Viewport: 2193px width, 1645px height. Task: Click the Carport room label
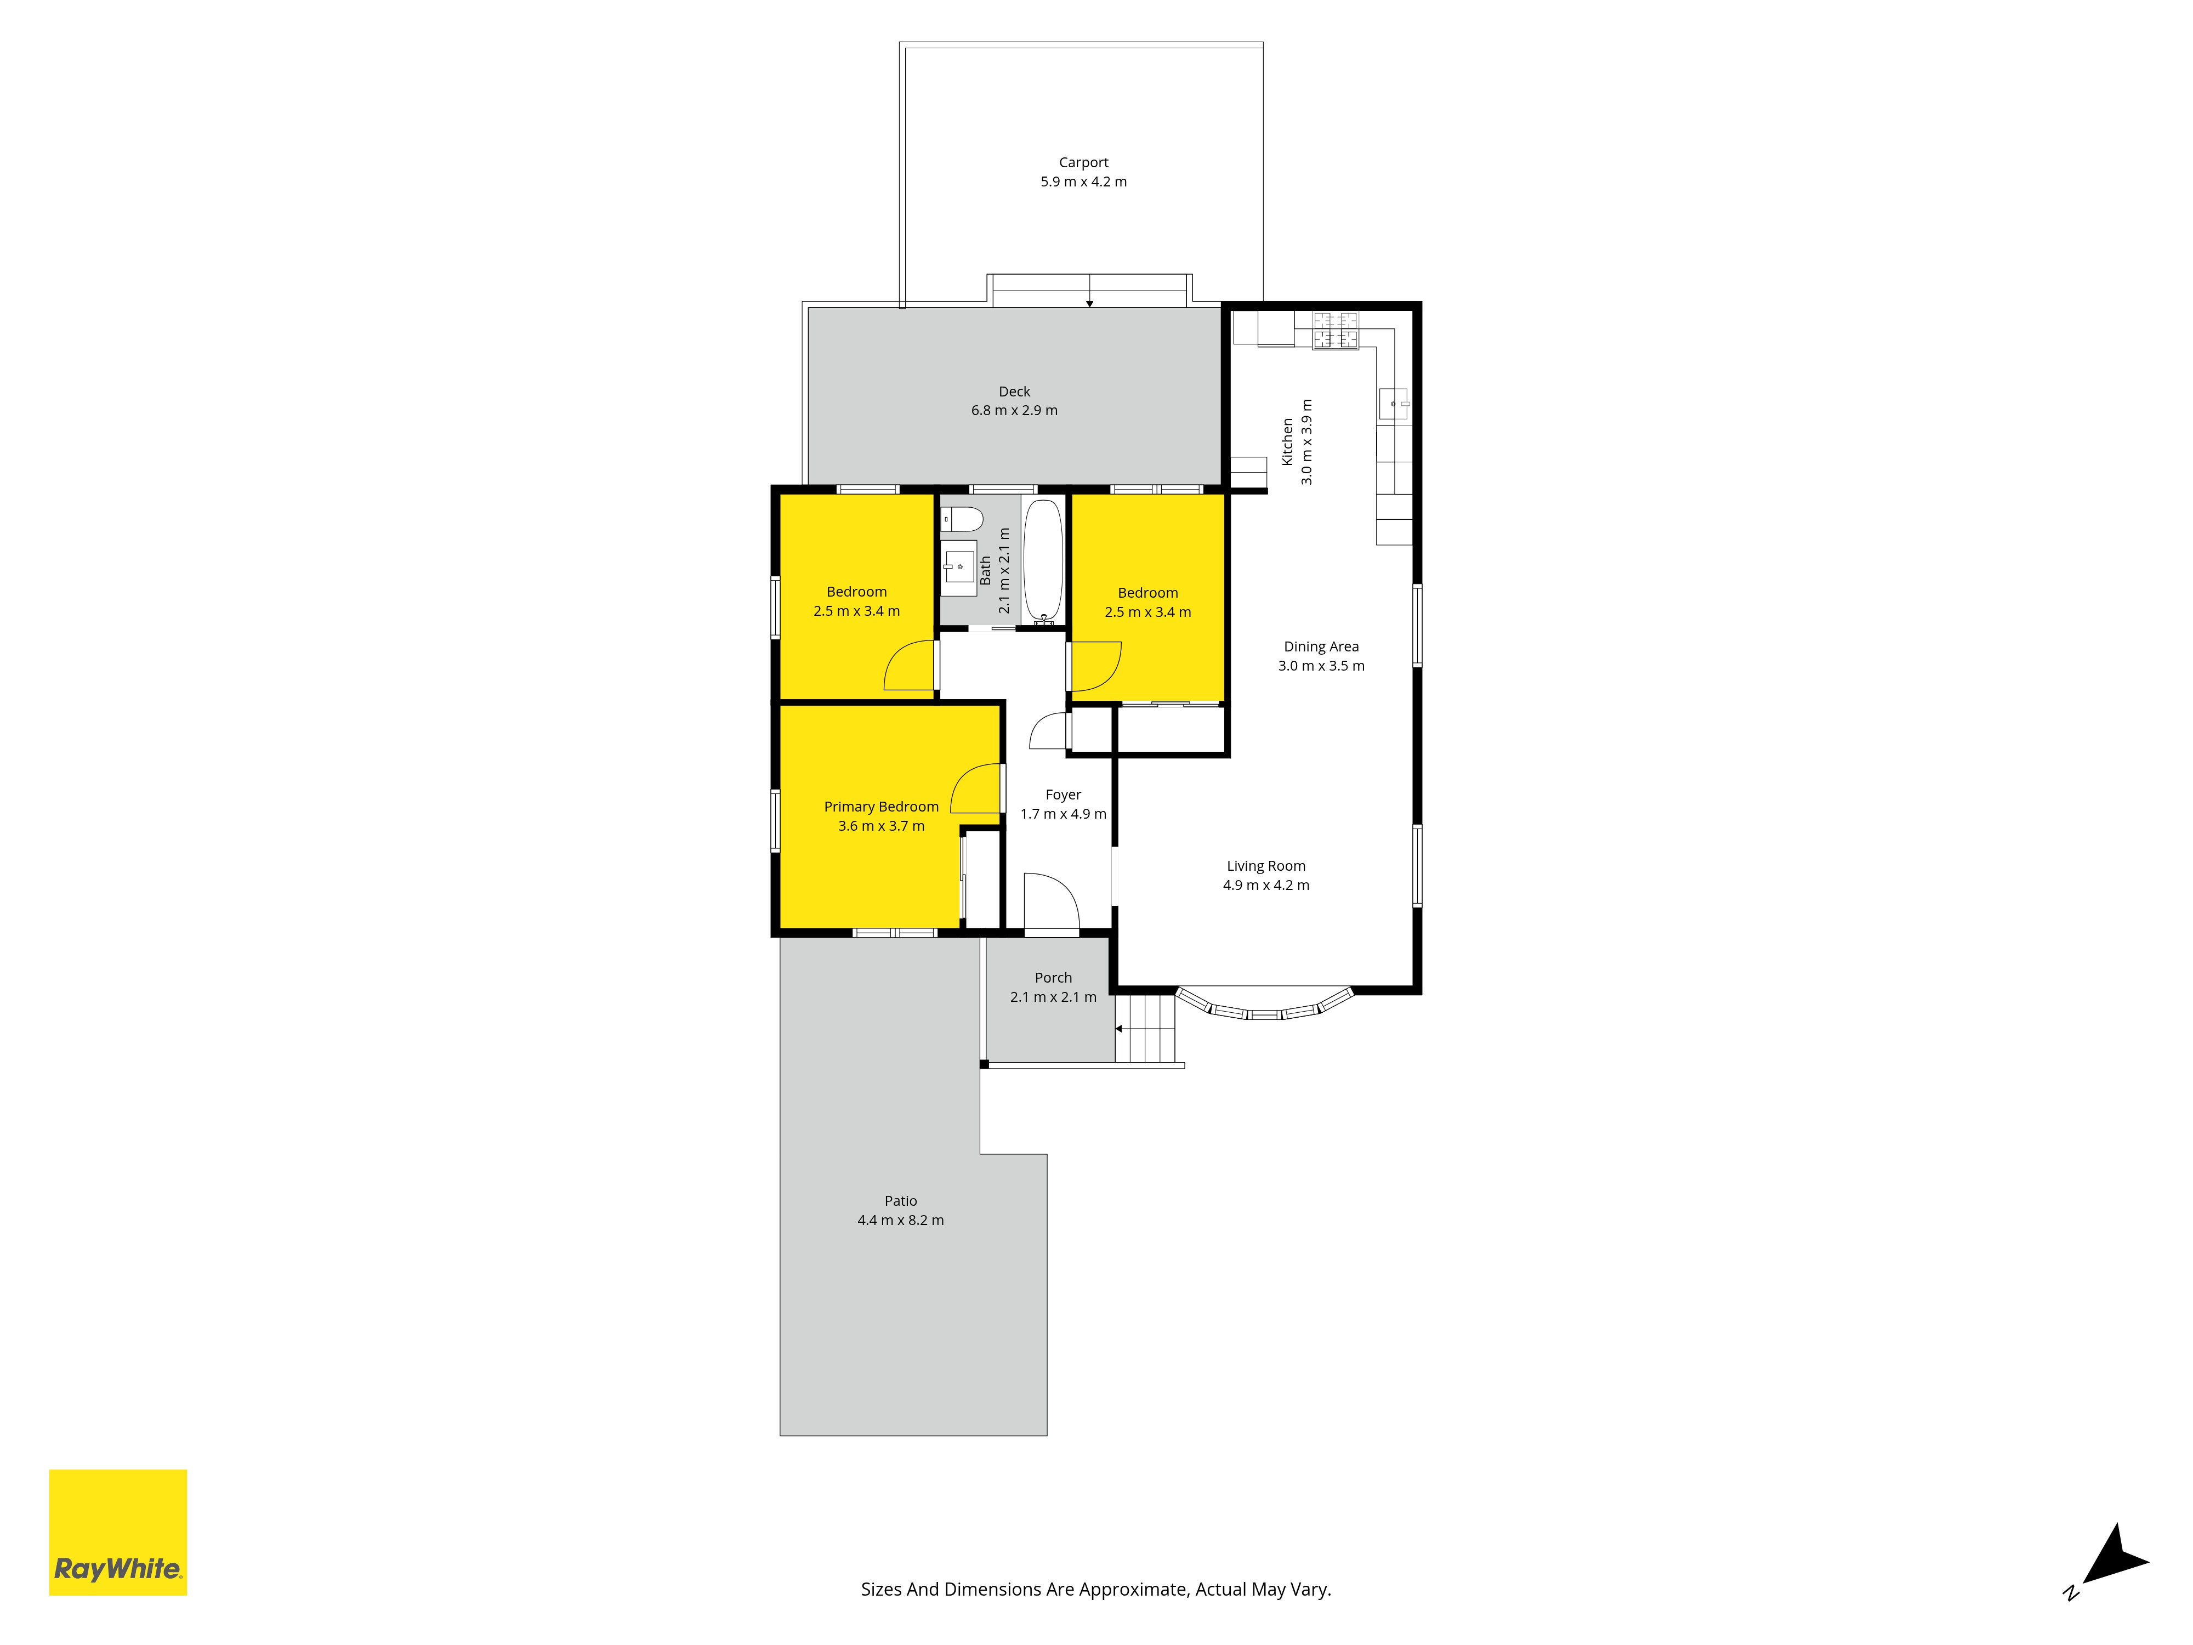point(1083,163)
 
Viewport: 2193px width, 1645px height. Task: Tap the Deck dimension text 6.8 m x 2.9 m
point(1014,411)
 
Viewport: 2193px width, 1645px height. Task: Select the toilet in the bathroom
point(962,519)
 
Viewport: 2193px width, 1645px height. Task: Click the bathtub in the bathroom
point(1043,561)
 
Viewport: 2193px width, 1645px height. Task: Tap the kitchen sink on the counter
point(1394,404)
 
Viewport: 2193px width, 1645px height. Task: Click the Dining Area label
point(1321,646)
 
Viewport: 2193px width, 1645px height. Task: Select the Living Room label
point(1266,866)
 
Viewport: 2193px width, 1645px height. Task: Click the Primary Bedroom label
point(882,807)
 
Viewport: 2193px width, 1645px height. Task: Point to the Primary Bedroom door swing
point(975,789)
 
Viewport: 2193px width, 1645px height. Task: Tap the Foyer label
point(1063,795)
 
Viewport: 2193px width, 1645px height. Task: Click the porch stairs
point(1145,1028)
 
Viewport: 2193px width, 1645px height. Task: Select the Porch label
point(1053,978)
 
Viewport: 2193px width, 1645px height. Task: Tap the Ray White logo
point(118,1533)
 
